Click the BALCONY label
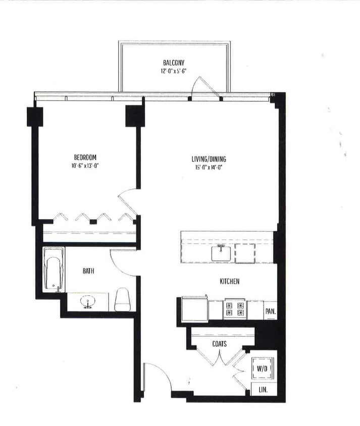point(173,63)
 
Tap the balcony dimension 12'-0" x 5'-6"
point(173,71)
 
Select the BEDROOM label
point(85,157)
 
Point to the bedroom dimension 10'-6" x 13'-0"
point(85,166)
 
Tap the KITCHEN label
point(229,281)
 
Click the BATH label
point(88,271)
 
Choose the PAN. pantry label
point(270,311)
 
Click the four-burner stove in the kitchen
point(235,309)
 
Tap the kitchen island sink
point(221,252)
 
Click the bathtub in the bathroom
point(53,269)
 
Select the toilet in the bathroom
point(123,300)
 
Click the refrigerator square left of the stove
point(194,309)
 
